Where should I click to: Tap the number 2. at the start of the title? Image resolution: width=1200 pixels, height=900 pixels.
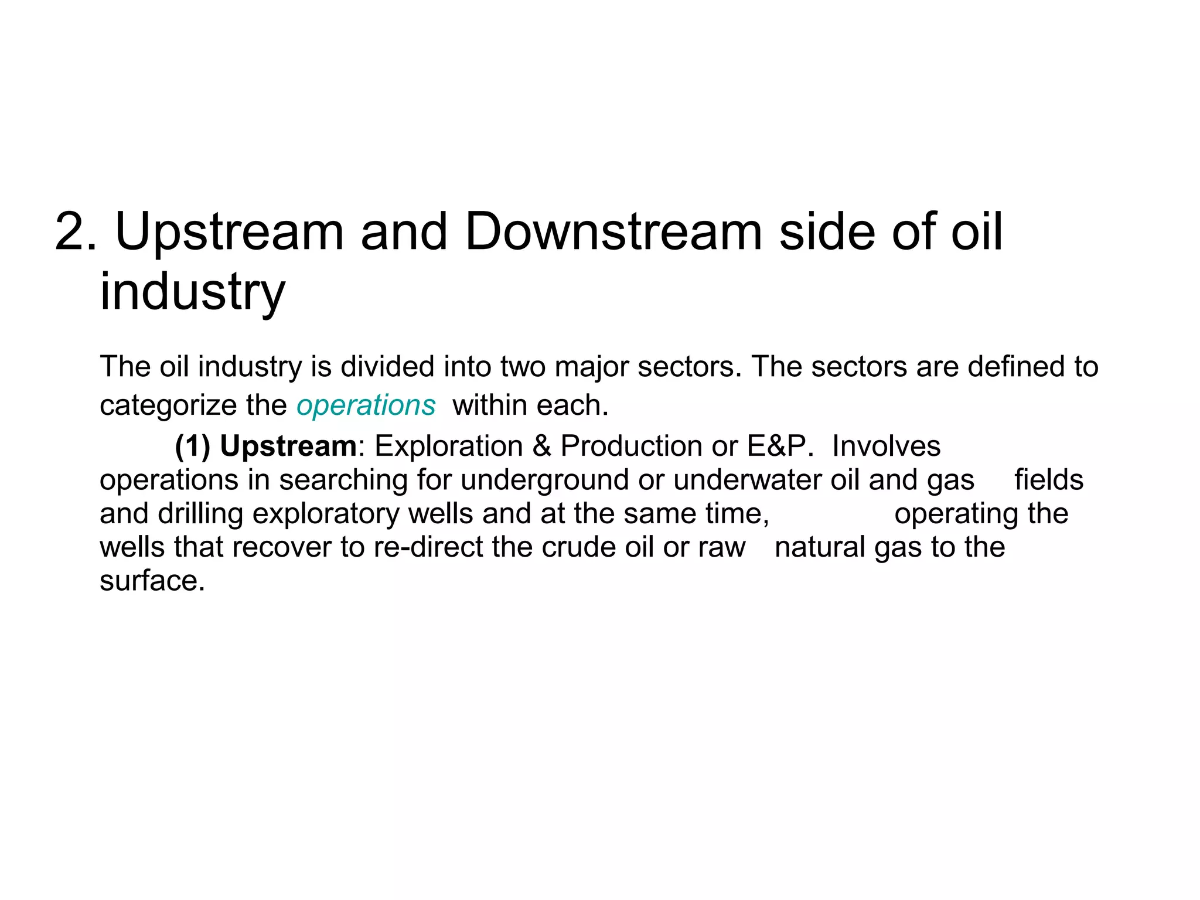click(75, 232)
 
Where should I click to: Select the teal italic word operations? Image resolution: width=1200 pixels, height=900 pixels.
click(366, 405)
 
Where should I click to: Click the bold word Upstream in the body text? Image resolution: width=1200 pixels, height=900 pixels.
click(288, 446)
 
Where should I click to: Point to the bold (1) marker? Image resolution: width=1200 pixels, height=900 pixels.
click(192, 446)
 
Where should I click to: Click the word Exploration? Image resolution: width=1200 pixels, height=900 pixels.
click(448, 446)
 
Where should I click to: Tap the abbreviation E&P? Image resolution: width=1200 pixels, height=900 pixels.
click(780, 446)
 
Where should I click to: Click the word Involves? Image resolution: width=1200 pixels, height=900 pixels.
click(886, 446)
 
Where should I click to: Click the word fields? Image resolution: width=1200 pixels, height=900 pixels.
click(1049, 480)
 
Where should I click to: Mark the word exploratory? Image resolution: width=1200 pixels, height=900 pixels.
click(325, 514)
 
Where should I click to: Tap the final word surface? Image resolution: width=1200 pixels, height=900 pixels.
click(152, 581)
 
